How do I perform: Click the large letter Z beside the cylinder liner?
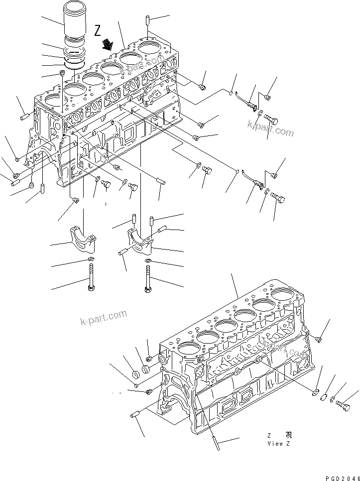98,30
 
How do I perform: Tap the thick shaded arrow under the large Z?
107,46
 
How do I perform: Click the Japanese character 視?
288,435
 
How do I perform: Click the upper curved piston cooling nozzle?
247,100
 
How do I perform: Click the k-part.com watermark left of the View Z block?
103,317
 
